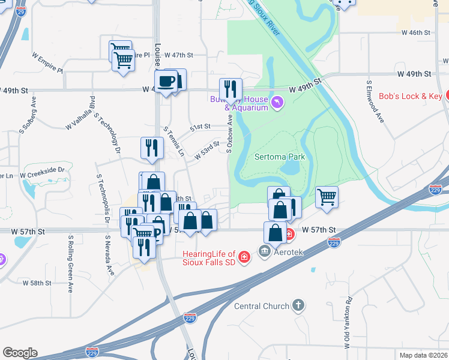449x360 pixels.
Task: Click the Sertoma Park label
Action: pyautogui.click(x=280, y=157)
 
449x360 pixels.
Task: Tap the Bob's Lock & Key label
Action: pyautogui.click(x=411, y=96)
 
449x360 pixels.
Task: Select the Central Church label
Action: pyautogui.click(x=262, y=306)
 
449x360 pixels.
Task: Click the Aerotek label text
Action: pyautogui.click(x=291, y=251)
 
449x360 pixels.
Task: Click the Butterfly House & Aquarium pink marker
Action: pyautogui.click(x=277, y=103)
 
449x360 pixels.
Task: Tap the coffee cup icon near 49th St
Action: pyautogui.click(x=166, y=82)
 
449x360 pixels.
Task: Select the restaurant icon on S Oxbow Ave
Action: pyautogui.click(x=231, y=89)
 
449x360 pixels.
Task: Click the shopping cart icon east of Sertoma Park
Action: pyautogui.click(x=327, y=197)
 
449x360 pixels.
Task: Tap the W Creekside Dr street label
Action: pyautogui.click(x=42, y=170)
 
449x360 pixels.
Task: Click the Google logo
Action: pyautogui.click(x=20, y=353)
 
